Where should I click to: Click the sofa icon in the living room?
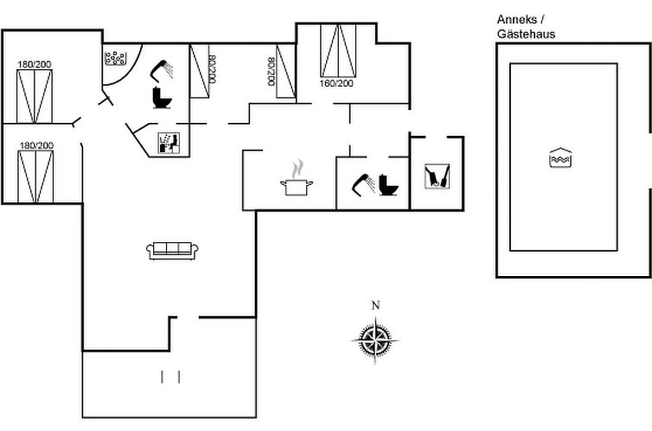tap(173, 250)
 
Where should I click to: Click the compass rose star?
tap(375, 338)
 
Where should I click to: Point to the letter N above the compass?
tap(375, 305)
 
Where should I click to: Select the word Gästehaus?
tap(526, 35)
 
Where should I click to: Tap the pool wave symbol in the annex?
tap(561, 158)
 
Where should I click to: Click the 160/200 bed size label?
tap(337, 84)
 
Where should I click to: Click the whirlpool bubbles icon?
tap(116, 59)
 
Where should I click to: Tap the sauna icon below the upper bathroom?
tap(169, 143)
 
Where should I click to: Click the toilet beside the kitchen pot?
tap(387, 186)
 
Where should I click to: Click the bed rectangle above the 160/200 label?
tap(338, 51)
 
